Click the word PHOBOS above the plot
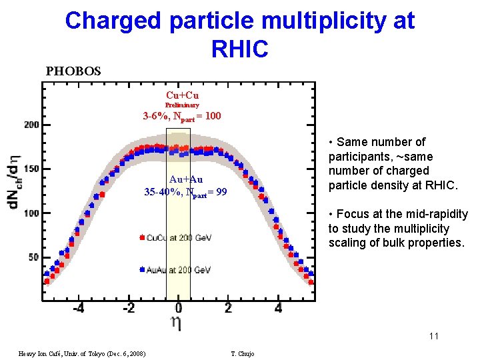coord(73,71)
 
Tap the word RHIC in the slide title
coord(239,48)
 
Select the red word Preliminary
coord(182,105)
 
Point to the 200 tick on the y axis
coord(31,125)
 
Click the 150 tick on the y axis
coord(31,169)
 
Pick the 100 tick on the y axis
coord(31,213)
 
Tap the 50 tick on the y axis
coord(33,257)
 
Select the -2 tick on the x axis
coord(128,309)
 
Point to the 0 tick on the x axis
coord(179,309)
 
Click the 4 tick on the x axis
coord(279,309)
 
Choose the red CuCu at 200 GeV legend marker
coord(142,237)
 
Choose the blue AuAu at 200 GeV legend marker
coord(142,270)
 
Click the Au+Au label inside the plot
coord(185,179)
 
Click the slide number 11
coord(433,336)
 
